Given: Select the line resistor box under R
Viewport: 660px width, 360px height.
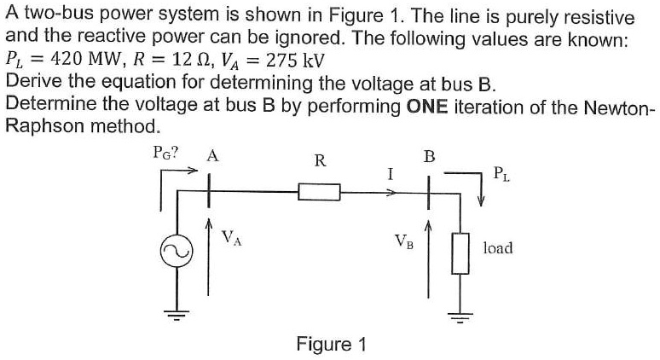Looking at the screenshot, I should (x=319, y=194).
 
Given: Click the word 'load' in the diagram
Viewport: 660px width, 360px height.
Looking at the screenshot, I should (x=497, y=248).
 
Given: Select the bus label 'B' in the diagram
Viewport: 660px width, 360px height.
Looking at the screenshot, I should (x=429, y=156).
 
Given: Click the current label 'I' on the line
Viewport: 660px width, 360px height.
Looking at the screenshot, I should (x=389, y=174).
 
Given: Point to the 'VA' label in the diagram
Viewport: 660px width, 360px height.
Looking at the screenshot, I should (x=231, y=238).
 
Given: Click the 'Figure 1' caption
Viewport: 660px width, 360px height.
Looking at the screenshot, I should (x=331, y=344).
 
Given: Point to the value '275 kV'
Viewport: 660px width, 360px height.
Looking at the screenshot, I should (x=292, y=61).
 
